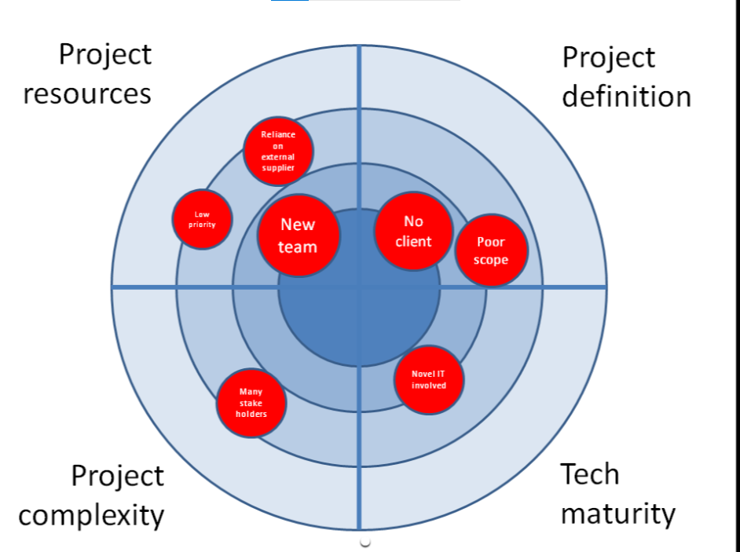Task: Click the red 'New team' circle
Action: click(x=299, y=236)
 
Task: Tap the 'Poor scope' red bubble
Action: click(x=491, y=250)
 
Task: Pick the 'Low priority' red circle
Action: click(x=202, y=219)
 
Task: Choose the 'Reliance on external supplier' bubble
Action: click(x=278, y=152)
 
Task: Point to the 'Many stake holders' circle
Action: click(x=251, y=403)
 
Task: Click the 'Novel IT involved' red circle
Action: click(x=429, y=379)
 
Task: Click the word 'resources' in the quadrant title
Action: click(x=87, y=93)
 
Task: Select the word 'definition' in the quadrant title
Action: click(x=626, y=97)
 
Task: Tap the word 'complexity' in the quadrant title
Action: click(x=92, y=516)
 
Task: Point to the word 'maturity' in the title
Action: click(x=617, y=514)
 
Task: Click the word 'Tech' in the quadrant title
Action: click(x=589, y=474)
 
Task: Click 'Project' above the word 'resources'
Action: click(x=105, y=54)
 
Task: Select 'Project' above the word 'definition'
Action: click(x=608, y=57)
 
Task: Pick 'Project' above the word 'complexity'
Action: click(x=118, y=476)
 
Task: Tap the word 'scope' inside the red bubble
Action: click(x=491, y=260)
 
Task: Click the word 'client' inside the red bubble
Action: click(x=414, y=241)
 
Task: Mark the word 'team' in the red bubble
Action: click(x=299, y=247)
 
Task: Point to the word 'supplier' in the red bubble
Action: click(x=278, y=168)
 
